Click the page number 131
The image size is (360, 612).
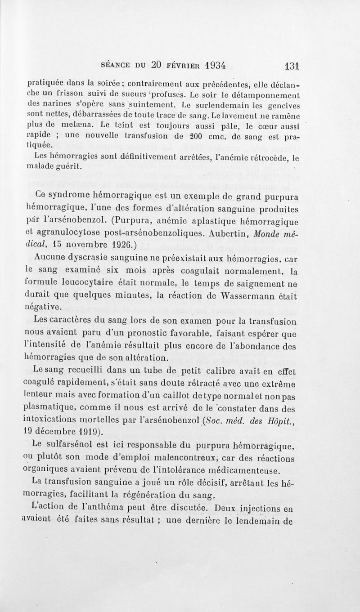[292, 65]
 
